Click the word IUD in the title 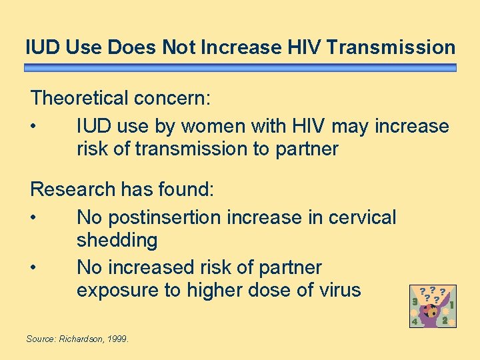click(41, 47)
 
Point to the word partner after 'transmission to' click(305, 149)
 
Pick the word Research click(73, 189)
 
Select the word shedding click(117, 240)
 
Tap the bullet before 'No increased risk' click(33, 268)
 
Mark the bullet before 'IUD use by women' click(33, 126)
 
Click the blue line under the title click(240, 68)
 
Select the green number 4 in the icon click(415, 321)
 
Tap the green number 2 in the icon click(445, 320)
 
